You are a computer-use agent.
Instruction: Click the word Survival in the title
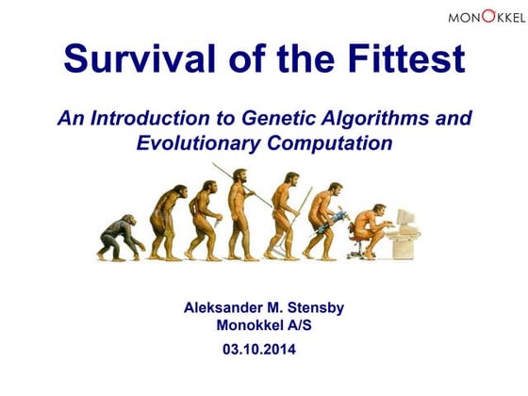click(132, 60)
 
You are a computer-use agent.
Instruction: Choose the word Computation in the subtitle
click(329, 144)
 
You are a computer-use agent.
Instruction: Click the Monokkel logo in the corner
click(487, 16)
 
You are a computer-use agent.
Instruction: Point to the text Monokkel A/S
click(265, 326)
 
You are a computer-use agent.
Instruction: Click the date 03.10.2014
click(265, 349)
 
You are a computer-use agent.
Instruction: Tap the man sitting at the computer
click(374, 226)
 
